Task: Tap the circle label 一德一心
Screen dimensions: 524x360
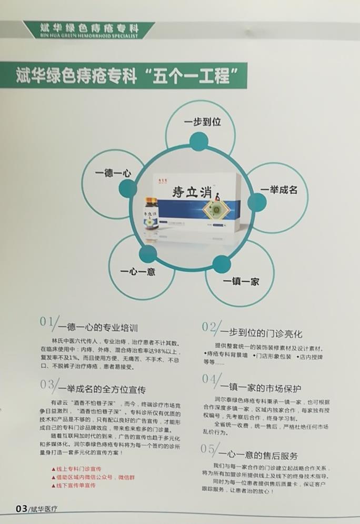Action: (x=113, y=172)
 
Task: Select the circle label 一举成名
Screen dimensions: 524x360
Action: (x=279, y=190)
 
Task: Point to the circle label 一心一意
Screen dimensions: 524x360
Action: (x=138, y=272)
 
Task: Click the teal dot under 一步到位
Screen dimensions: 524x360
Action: (x=198, y=141)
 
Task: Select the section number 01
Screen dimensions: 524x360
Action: (x=47, y=321)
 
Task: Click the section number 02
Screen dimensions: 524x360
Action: (x=210, y=327)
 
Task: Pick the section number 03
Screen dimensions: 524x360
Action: (x=47, y=383)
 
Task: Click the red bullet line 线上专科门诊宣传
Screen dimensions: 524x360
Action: (x=79, y=469)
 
